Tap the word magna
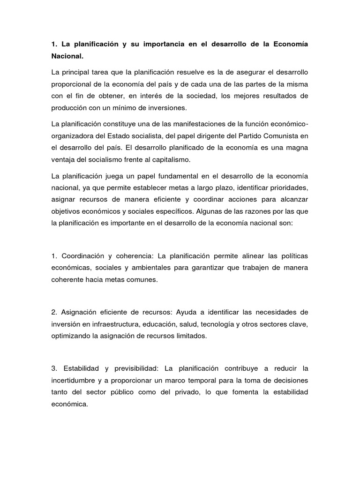297,147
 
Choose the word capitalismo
160,159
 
